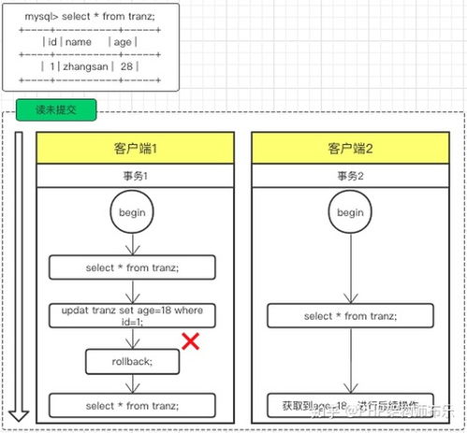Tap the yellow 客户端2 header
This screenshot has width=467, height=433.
350,149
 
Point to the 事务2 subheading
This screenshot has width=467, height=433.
350,176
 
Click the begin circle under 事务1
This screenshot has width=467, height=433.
131,213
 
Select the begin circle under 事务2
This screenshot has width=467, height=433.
350,213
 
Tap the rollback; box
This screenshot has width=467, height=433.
132,360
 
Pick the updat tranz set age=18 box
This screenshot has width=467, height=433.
132,315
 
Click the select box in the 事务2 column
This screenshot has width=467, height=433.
350,315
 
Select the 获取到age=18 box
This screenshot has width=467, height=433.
350,406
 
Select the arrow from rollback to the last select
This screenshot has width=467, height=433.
132,382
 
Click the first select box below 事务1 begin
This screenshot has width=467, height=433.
132,268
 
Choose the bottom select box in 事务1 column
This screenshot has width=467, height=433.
132,405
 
